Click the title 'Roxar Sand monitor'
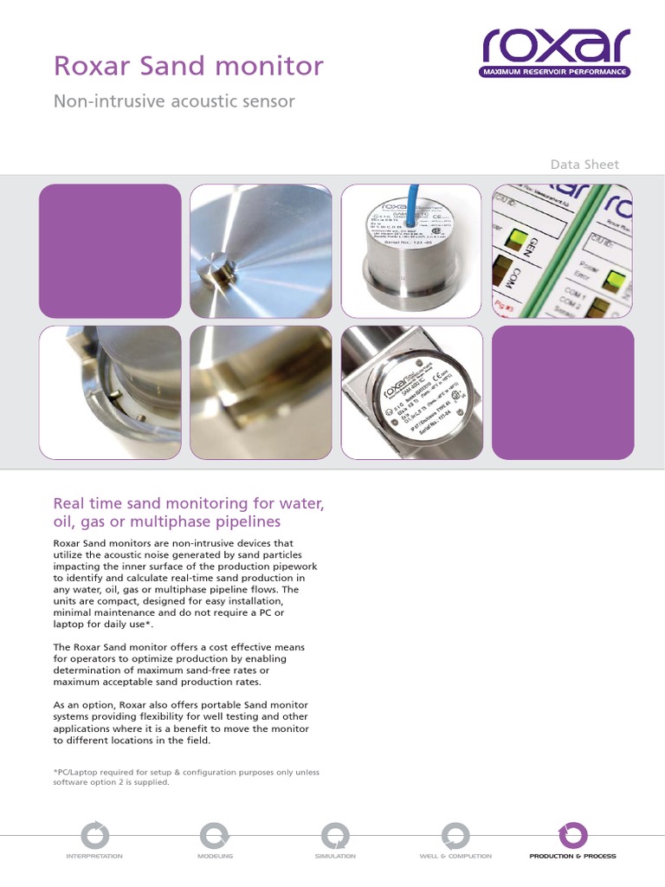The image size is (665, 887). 189,66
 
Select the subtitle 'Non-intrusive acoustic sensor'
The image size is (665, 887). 174,101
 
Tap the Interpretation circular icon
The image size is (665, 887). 94,835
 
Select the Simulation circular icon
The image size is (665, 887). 334,835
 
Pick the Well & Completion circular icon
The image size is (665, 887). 454,835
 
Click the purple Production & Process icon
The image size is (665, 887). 573,835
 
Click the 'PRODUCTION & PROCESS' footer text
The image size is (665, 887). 573,856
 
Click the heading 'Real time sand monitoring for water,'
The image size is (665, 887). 188,503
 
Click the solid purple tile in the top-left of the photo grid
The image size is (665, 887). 110,251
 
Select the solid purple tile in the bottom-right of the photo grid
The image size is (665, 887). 563,392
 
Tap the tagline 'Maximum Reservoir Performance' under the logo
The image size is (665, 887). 556,72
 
